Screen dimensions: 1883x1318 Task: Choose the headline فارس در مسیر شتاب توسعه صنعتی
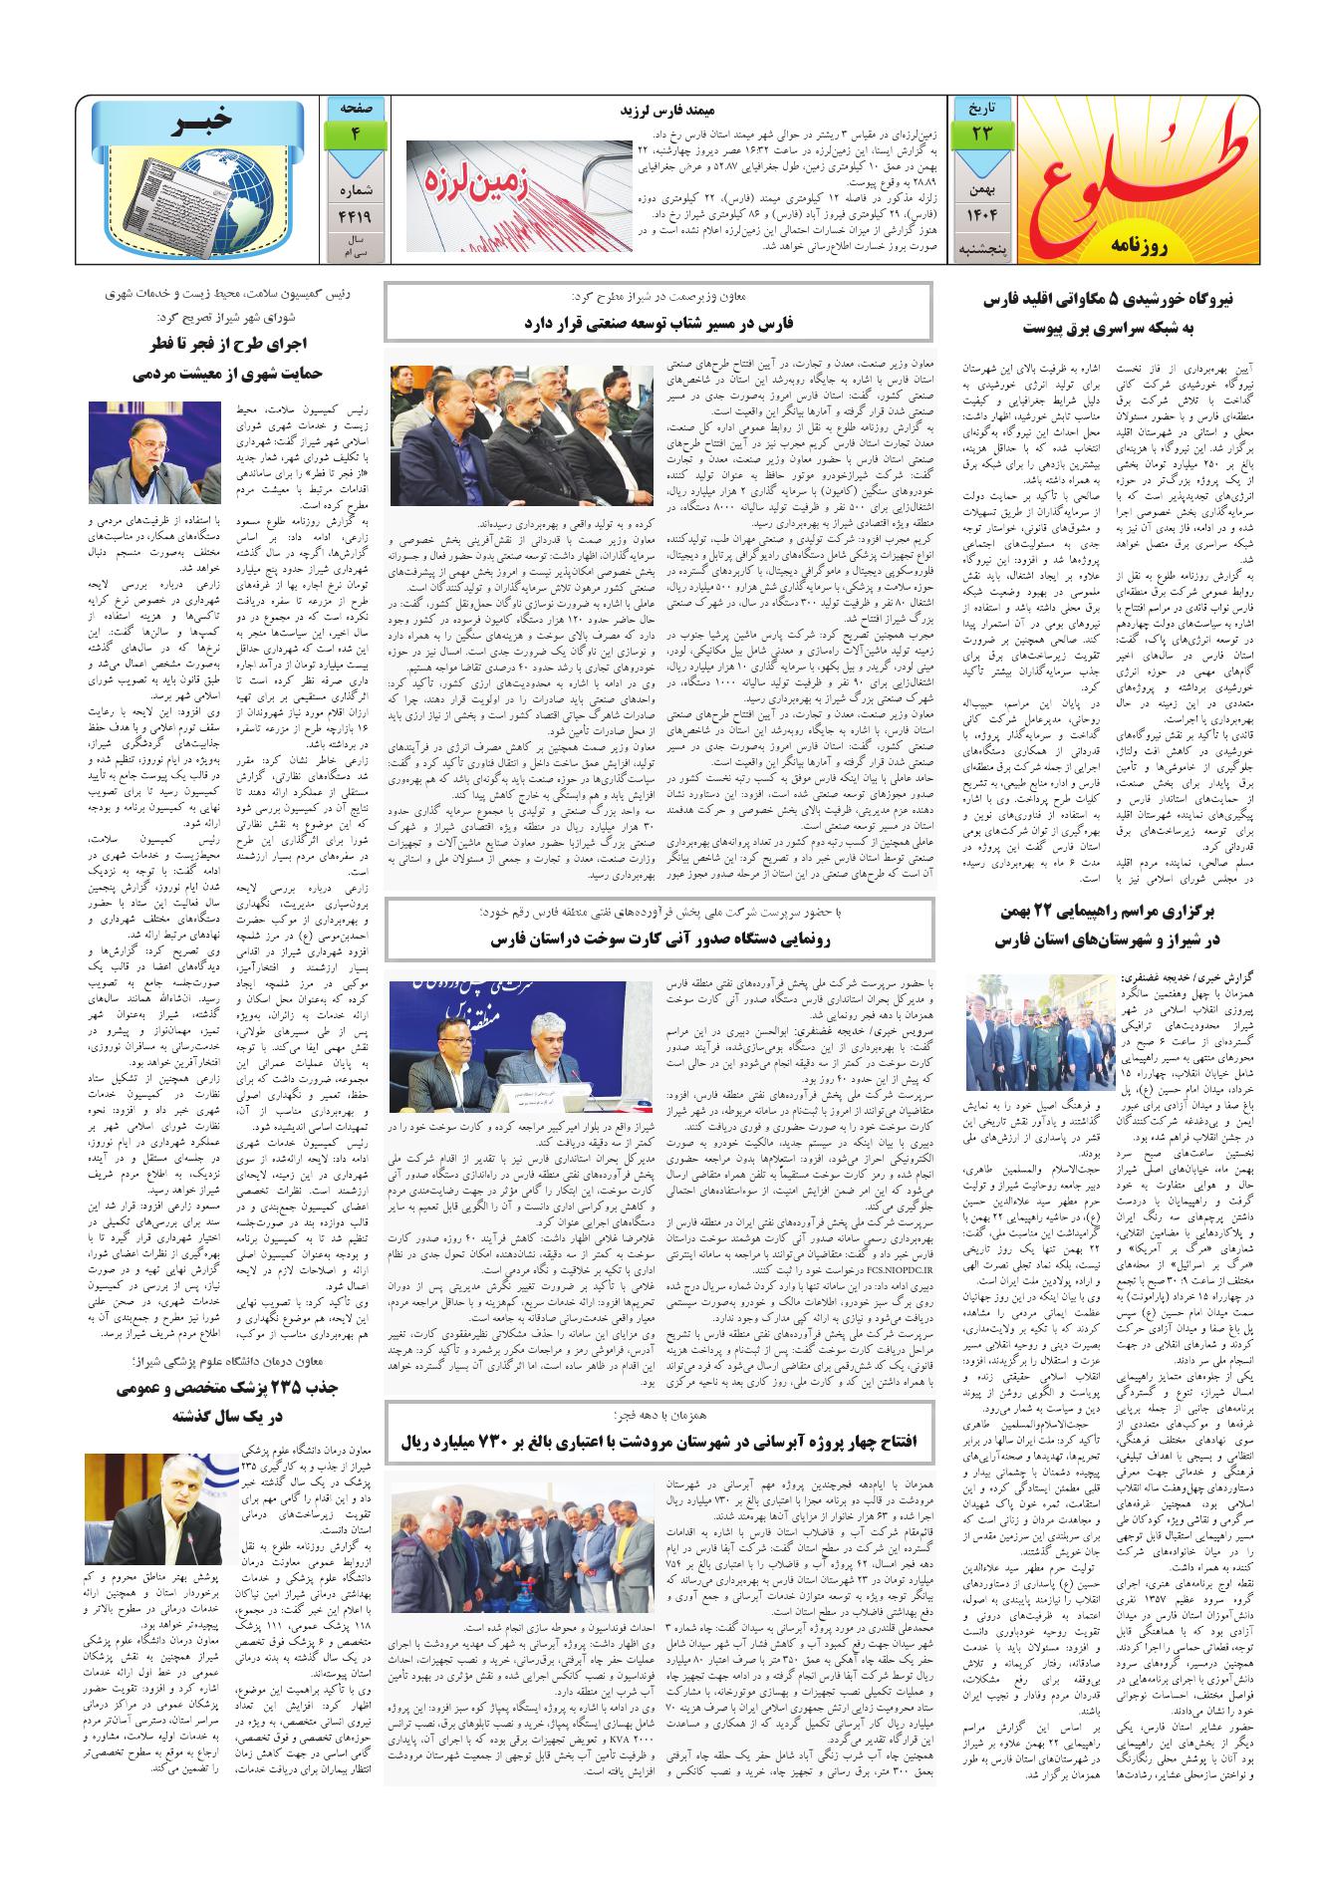(659, 323)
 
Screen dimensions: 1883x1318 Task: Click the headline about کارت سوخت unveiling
(659, 940)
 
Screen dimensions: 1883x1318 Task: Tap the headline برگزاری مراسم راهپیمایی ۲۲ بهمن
(1114, 926)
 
